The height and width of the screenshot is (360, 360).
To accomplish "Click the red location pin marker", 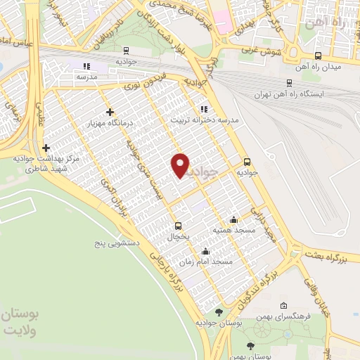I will [x=181, y=165].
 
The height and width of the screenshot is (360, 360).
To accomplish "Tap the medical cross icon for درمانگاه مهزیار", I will [x=110, y=112].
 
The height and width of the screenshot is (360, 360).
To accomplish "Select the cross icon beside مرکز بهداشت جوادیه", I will [x=46, y=148].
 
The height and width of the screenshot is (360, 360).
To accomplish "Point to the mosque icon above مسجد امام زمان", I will [x=205, y=251].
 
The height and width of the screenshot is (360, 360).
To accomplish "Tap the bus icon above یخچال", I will [x=177, y=226].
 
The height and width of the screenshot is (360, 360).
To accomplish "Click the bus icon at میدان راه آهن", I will [x=318, y=56].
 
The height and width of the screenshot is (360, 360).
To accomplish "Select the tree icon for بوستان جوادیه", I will [x=219, y=311].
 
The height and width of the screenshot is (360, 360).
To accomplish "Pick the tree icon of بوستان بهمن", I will [x=251, y=345].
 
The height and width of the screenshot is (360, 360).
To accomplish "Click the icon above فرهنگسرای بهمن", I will [x=283, y=306].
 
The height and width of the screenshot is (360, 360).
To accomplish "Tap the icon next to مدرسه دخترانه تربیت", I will [x=204, y=109].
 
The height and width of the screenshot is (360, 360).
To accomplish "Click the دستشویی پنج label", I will [x=120, y=243].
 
